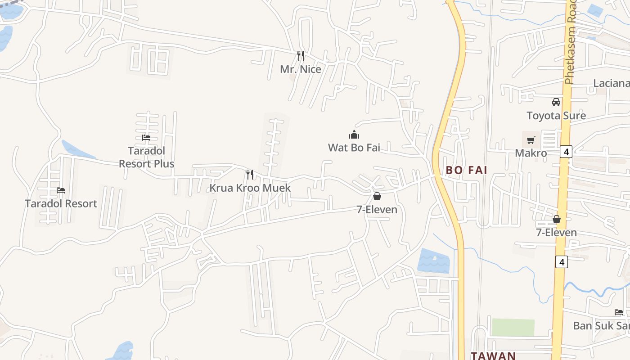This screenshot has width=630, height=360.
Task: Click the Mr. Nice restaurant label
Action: pos(301,69)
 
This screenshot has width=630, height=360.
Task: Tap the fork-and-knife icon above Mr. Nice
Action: pos(301,55)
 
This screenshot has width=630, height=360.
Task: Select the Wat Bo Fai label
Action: pos(354,148)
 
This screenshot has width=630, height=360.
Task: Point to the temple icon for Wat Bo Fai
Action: pos(354,135)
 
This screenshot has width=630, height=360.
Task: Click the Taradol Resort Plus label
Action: pos(146,157)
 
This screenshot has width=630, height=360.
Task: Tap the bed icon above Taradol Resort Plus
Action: pos(146,138)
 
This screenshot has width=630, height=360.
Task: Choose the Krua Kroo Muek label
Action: pos(250,188)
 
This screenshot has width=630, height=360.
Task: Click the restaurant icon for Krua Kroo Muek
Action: pos(250,174)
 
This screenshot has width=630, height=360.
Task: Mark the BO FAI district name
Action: pos(467,170)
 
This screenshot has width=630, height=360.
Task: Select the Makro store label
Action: pos(531,153)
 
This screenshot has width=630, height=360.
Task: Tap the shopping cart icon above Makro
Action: pos(531,140)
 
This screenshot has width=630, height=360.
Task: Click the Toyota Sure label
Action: pos(556,116)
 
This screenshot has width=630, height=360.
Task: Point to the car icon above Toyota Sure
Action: pos(556,102)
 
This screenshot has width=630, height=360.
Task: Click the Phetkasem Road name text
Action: pos(570,43)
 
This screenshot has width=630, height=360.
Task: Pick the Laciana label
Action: pos(611,83)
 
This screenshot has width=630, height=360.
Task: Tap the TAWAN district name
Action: pos(493,355)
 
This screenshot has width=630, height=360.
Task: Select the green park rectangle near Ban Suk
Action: pos(513,327)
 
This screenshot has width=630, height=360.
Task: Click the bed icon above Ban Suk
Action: pos(619,312)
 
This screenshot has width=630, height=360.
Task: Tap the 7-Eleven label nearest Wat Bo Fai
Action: pos(377,210)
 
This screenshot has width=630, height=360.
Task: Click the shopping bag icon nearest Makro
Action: pos(557,219)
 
